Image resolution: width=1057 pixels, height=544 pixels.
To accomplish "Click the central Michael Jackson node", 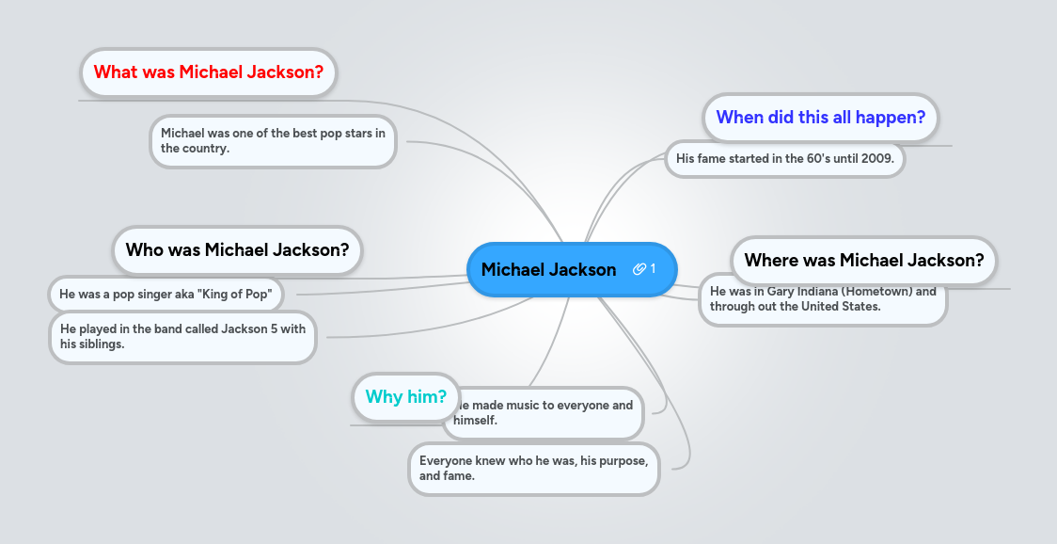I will pos(548,270).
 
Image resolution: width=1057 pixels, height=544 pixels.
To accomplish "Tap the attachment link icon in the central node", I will pos(639,269).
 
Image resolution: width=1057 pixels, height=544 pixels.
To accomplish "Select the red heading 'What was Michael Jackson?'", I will pos(209,72).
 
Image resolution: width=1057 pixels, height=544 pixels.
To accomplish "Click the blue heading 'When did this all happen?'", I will pos(820,118).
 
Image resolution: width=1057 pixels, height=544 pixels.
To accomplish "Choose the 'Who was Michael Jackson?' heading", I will pos(237,250).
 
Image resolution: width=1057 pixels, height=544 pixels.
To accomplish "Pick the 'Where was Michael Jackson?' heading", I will pos(863,261).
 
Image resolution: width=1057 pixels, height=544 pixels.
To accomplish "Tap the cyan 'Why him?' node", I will pos(405,397).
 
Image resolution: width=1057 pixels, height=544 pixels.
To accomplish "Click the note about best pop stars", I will pos(273,141).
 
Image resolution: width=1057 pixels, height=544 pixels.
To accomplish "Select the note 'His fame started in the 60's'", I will pos(784,159).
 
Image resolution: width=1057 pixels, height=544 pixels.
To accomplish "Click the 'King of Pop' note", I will pos(166,295).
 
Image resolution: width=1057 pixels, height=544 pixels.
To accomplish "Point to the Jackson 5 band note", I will pos(182,337).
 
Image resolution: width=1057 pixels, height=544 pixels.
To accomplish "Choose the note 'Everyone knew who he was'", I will pos(533,468).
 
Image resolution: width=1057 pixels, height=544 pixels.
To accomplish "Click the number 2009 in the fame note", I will pos(876,159).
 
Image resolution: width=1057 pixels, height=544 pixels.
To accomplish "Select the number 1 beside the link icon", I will pos(653,269).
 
